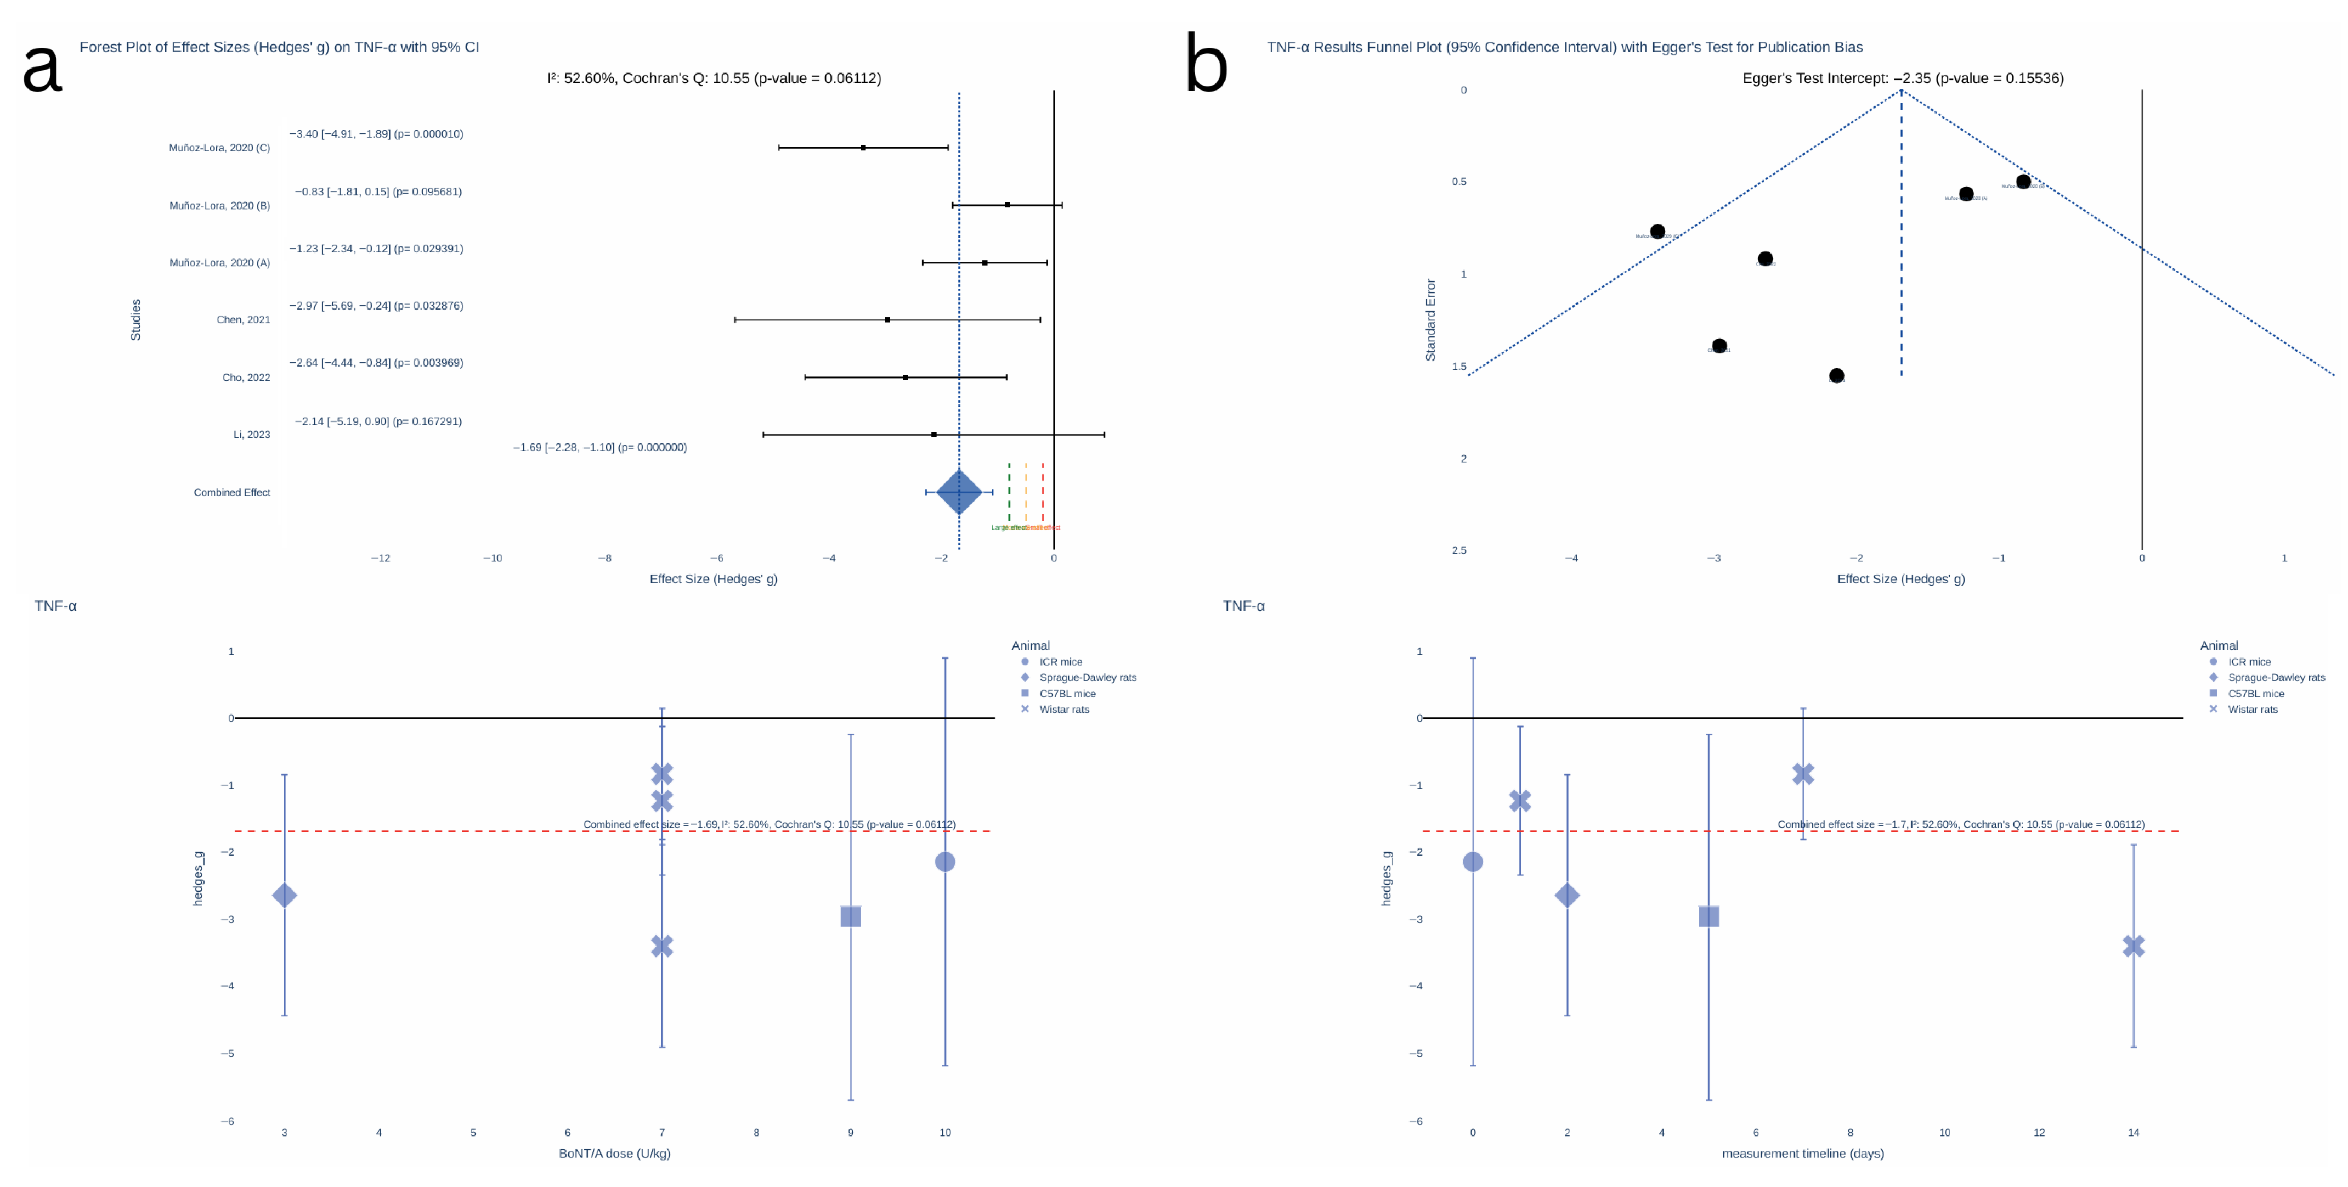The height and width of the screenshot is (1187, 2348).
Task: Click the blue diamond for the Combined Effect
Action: pyautogui.click(x=959, y=492)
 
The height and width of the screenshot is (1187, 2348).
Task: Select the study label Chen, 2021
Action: pyautogui.click(x=244, y=320)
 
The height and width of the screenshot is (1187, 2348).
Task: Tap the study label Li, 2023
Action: pyautogui.click(x=252, y=435)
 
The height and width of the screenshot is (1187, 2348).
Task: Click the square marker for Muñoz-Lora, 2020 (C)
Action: pyautogui.click(x=863, y=148)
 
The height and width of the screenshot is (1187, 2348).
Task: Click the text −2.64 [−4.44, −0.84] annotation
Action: pyautogui.click(x=376, y=363)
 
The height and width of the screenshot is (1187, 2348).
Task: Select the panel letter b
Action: pyautogui.click(x=1206, y=64)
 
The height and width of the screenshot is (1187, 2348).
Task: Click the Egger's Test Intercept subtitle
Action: pyautogui.click(x=1902, y=78)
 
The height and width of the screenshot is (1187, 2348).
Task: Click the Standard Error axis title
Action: pyautogui.click(x=1430, y=320)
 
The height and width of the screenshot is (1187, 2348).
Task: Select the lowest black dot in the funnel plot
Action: pyautogui.click(x=1837, y=375)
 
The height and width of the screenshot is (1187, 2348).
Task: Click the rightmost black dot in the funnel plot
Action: pyautogui.click(x=2023, y=182)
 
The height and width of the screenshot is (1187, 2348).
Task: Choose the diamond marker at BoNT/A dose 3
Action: pyautogui.click(x=285, y=895)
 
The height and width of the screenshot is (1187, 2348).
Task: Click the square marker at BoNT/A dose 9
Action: pyautogui.click(x=851, y=916)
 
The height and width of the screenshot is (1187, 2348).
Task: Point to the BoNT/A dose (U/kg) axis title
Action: pyautogui.click(x=614, y=1154)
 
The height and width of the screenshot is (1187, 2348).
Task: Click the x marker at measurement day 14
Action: pyautogui.click(x=2133, y=946)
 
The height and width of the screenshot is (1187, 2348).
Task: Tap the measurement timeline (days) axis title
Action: pyautogui.click(x=1802, y=1154)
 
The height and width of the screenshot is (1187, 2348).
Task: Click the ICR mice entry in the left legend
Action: pyautogui.click(x=1060, y=662)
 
